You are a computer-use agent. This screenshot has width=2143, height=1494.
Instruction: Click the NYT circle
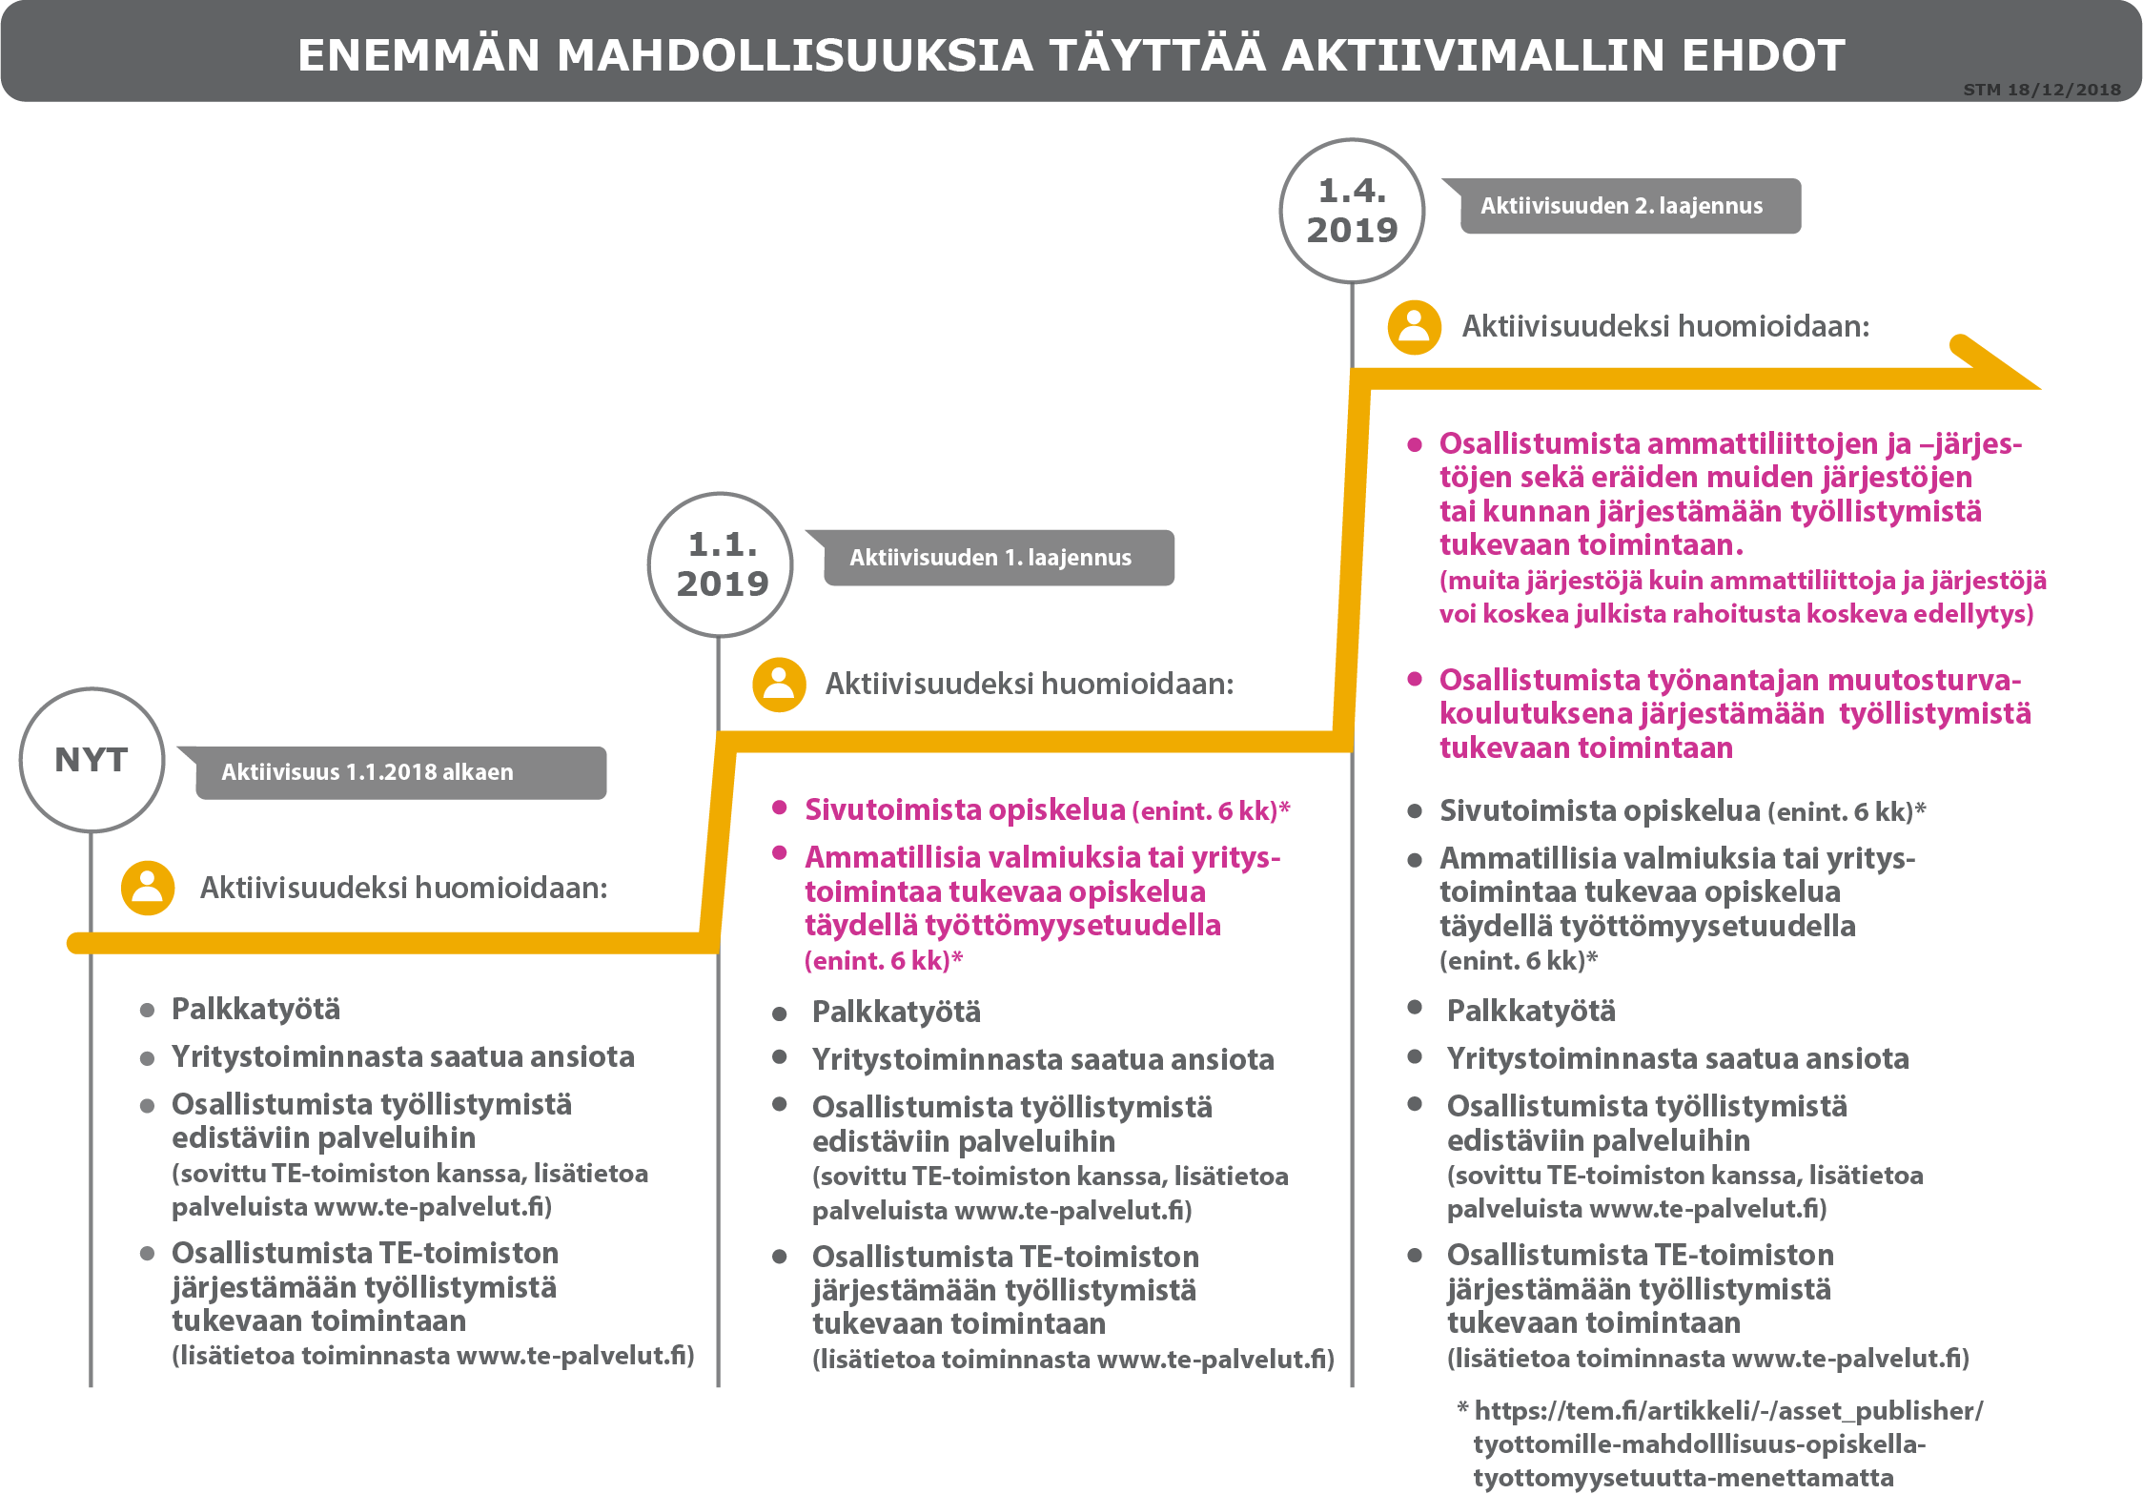[92, 760]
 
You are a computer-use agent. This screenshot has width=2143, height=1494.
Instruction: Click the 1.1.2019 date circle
[721, 564]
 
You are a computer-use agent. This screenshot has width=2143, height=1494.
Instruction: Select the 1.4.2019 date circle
[1352, 211]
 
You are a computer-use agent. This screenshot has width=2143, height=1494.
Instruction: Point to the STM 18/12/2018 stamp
[2042, 90]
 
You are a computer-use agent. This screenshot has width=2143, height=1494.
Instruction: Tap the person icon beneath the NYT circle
[148, 888]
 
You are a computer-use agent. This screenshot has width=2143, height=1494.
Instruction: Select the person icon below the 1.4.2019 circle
[1415, 327]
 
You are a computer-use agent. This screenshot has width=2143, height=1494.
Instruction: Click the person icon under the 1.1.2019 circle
[779, 685]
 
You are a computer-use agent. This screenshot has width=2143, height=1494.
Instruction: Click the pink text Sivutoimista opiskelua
[965, 809]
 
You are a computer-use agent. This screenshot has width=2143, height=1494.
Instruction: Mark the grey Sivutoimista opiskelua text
[1600, 810]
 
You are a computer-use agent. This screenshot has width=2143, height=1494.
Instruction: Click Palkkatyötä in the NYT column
[255, 1009]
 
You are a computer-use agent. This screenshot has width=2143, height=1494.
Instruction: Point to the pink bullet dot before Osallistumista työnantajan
[1415, 679]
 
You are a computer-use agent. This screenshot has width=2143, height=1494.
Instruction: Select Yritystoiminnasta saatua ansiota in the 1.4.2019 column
[1677, 1058]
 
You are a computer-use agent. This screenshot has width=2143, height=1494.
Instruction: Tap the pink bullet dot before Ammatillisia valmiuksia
[780, 852]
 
